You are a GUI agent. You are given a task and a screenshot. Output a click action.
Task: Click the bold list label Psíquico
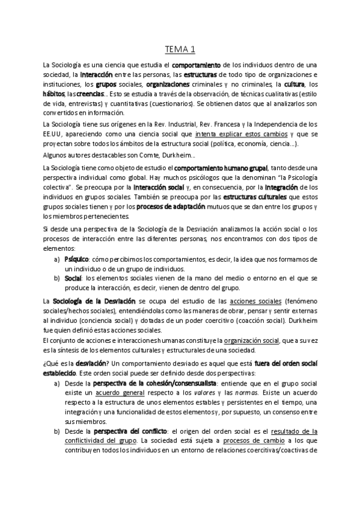tap(76, 258)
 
